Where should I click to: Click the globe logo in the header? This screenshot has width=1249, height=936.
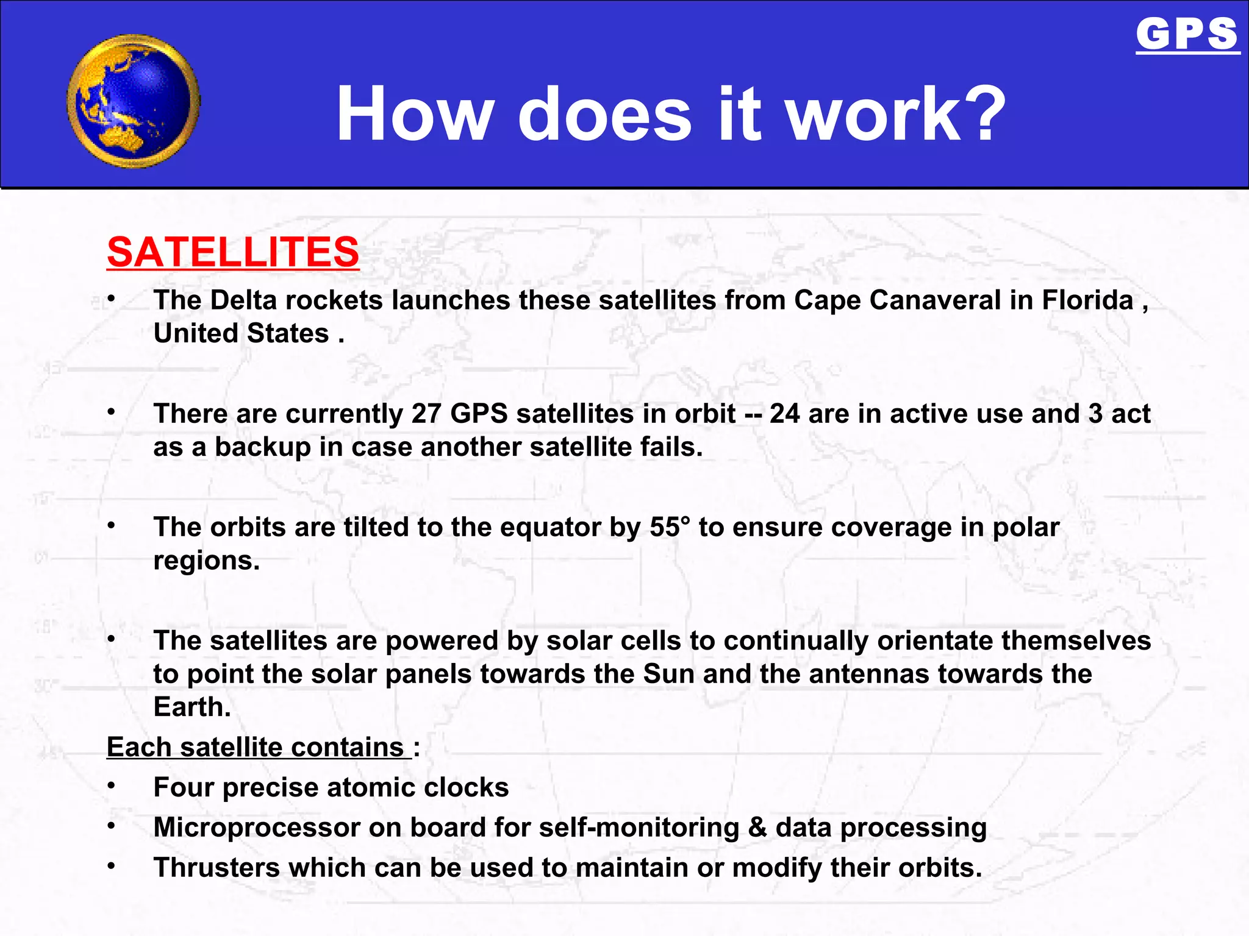(134, 101)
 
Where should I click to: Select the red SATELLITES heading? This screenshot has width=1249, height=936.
(233, 252)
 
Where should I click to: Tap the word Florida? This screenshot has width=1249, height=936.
(1087, 300)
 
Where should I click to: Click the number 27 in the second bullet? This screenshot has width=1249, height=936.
(426, 414)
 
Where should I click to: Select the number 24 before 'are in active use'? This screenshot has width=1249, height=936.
(784, 414)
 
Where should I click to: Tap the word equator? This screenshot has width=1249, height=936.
(550, 527)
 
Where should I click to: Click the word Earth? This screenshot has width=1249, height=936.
(191, 707)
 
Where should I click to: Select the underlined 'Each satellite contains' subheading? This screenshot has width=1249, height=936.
(256, 747)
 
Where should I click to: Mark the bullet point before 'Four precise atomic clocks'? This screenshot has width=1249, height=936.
(111, 785)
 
